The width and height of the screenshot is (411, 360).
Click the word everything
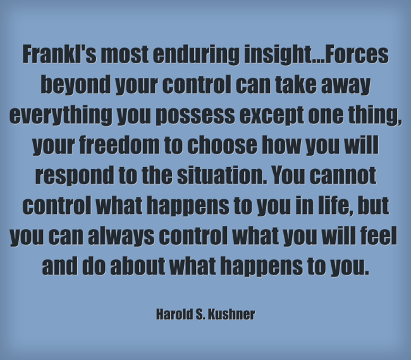59,115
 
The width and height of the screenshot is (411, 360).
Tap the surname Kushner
232,314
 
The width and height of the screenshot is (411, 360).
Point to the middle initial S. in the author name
202,314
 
